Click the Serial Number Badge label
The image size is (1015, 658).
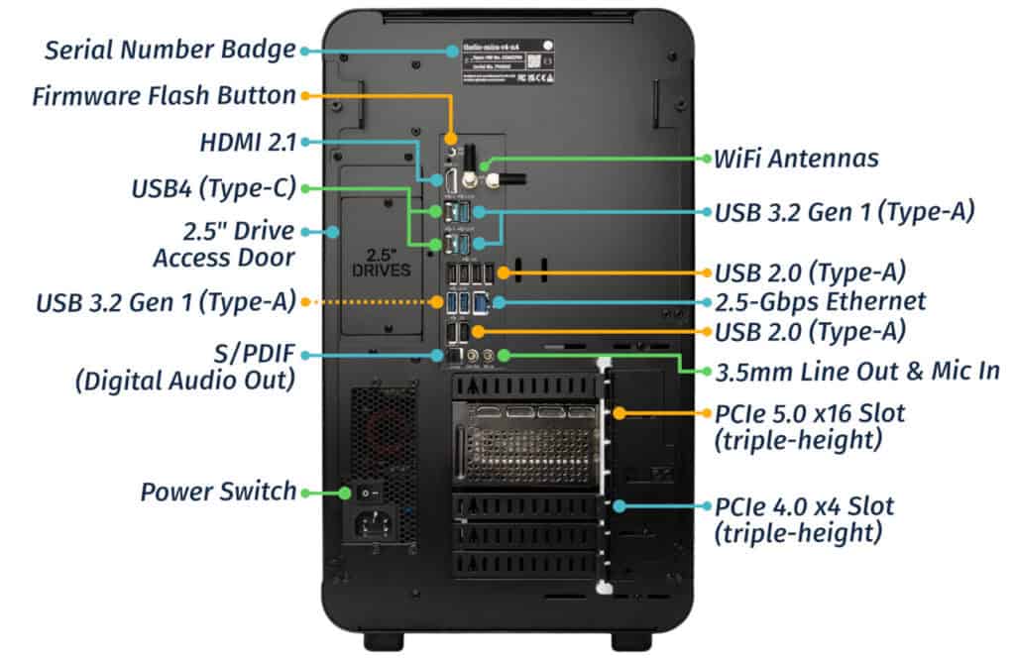pos(169,49)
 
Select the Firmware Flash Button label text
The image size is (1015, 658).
pos(164,96)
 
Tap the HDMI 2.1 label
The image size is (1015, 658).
pos(247,143)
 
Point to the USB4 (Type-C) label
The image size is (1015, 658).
pos(213,188)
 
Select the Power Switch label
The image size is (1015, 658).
pos(218,491)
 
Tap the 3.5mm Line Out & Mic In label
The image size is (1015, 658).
pos(856,371)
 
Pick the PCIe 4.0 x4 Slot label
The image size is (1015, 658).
pos(804,506)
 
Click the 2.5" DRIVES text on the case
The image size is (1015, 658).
pos(381,261)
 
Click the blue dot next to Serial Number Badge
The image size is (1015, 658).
pos(308,49)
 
